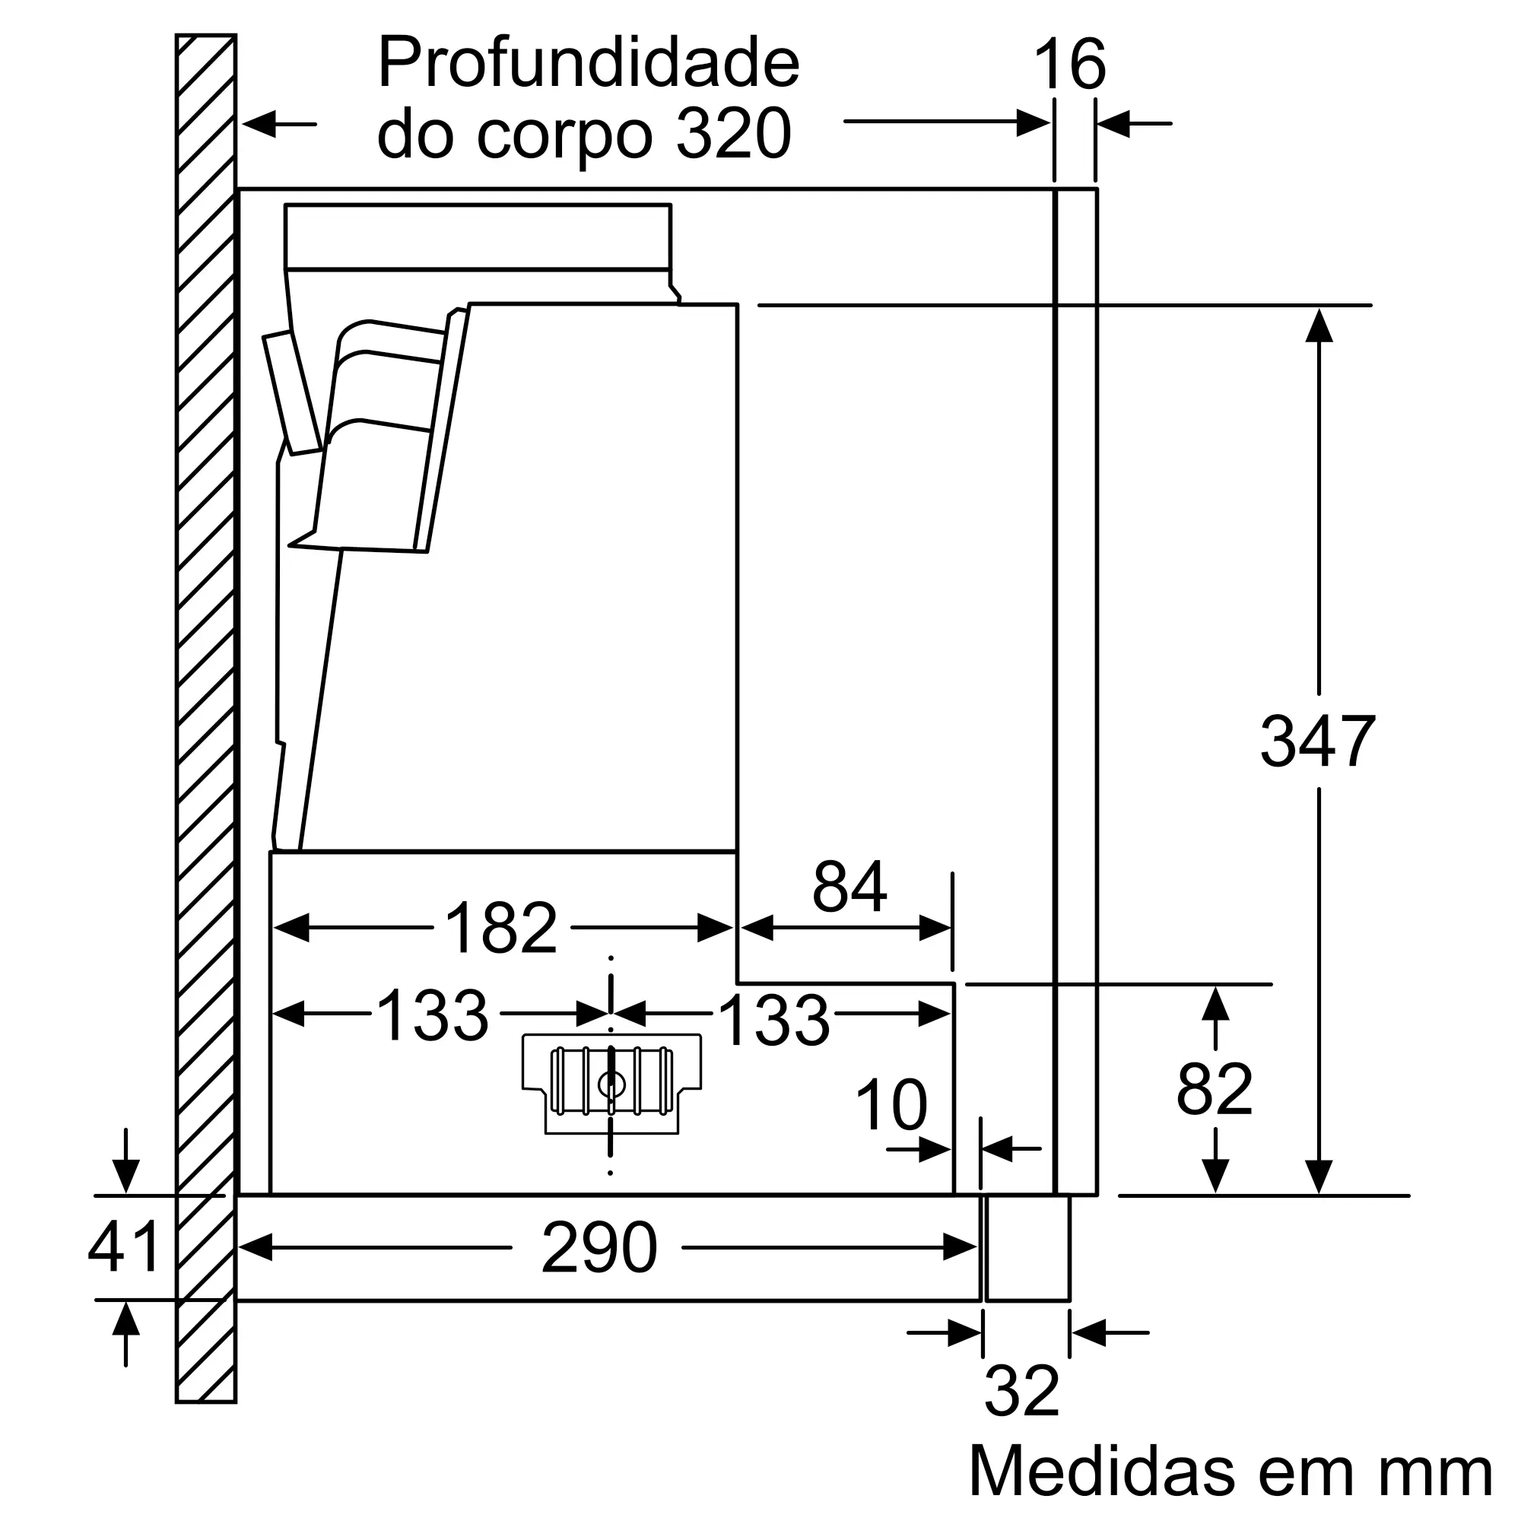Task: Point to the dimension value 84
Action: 849,887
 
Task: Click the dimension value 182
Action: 501,927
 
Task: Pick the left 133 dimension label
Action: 432,1015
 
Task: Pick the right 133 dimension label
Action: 774,1021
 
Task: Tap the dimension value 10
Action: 891,1104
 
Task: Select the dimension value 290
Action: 599,1248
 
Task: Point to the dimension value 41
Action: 124,1247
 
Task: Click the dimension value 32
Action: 1022,1391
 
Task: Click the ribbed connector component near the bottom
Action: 611,1082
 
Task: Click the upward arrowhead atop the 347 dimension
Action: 1319,325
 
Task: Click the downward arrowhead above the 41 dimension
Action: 126,1176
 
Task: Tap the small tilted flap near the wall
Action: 292,392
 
